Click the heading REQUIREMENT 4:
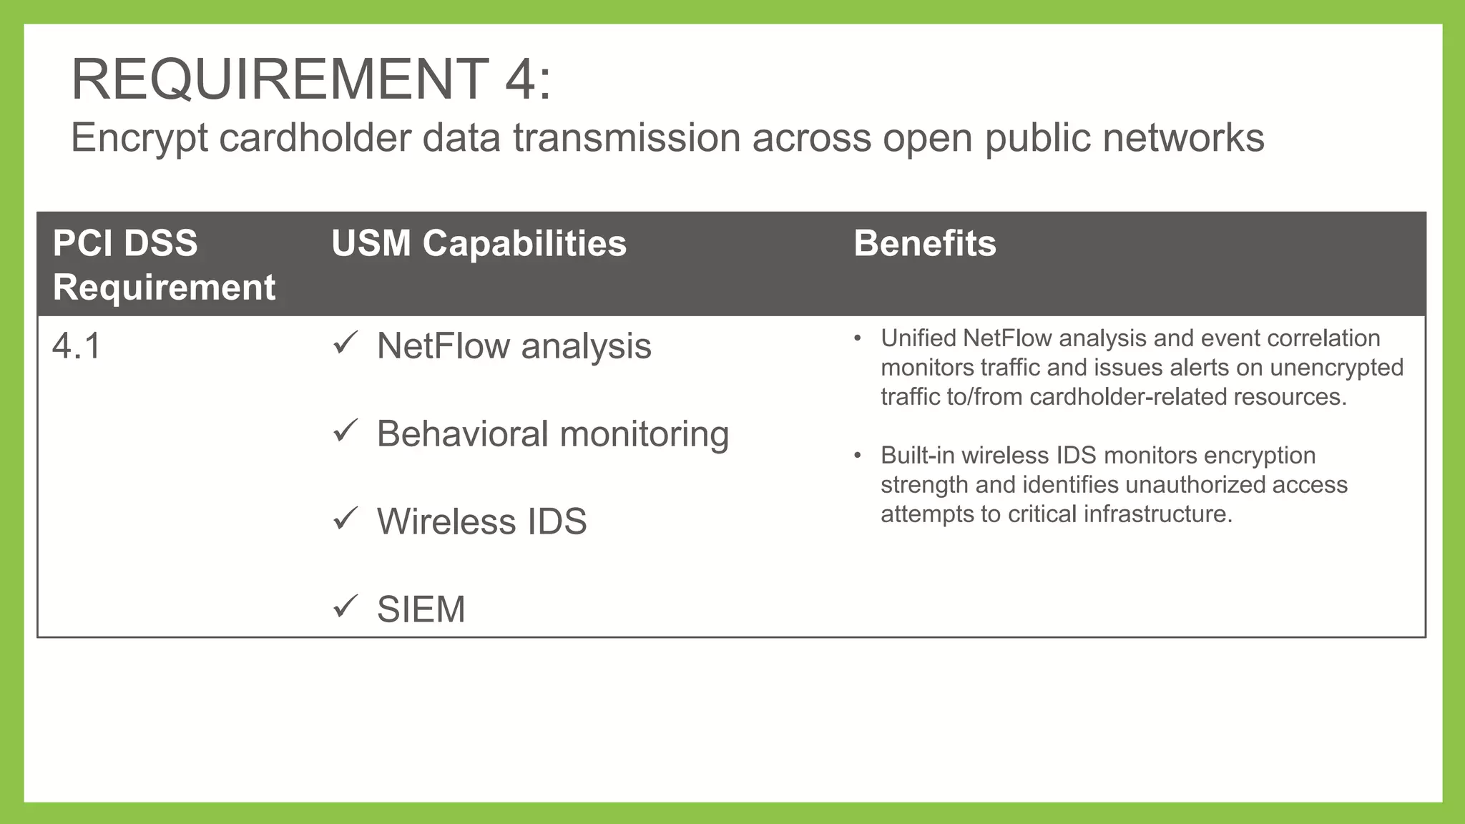(x=311, y=79)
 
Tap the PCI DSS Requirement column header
(x=164, y=265)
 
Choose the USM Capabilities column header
(x=479, y=243)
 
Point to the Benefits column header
(x=924, y=243)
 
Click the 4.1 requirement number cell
(x=77, y=346)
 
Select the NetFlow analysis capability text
(x=514, y=346)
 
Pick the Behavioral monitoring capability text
(x=552, y=434)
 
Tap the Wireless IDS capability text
(x=481, y=521)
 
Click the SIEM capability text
(x=421, y=609)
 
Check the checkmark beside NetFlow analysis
(x=345, y=343)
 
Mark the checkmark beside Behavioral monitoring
(x=345, y=431)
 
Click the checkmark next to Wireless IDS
(x=345, y=519)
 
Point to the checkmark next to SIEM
(x=345, y=607)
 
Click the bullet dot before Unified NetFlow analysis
(x=857, y=338)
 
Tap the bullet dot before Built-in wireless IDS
(x=857, y=456)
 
